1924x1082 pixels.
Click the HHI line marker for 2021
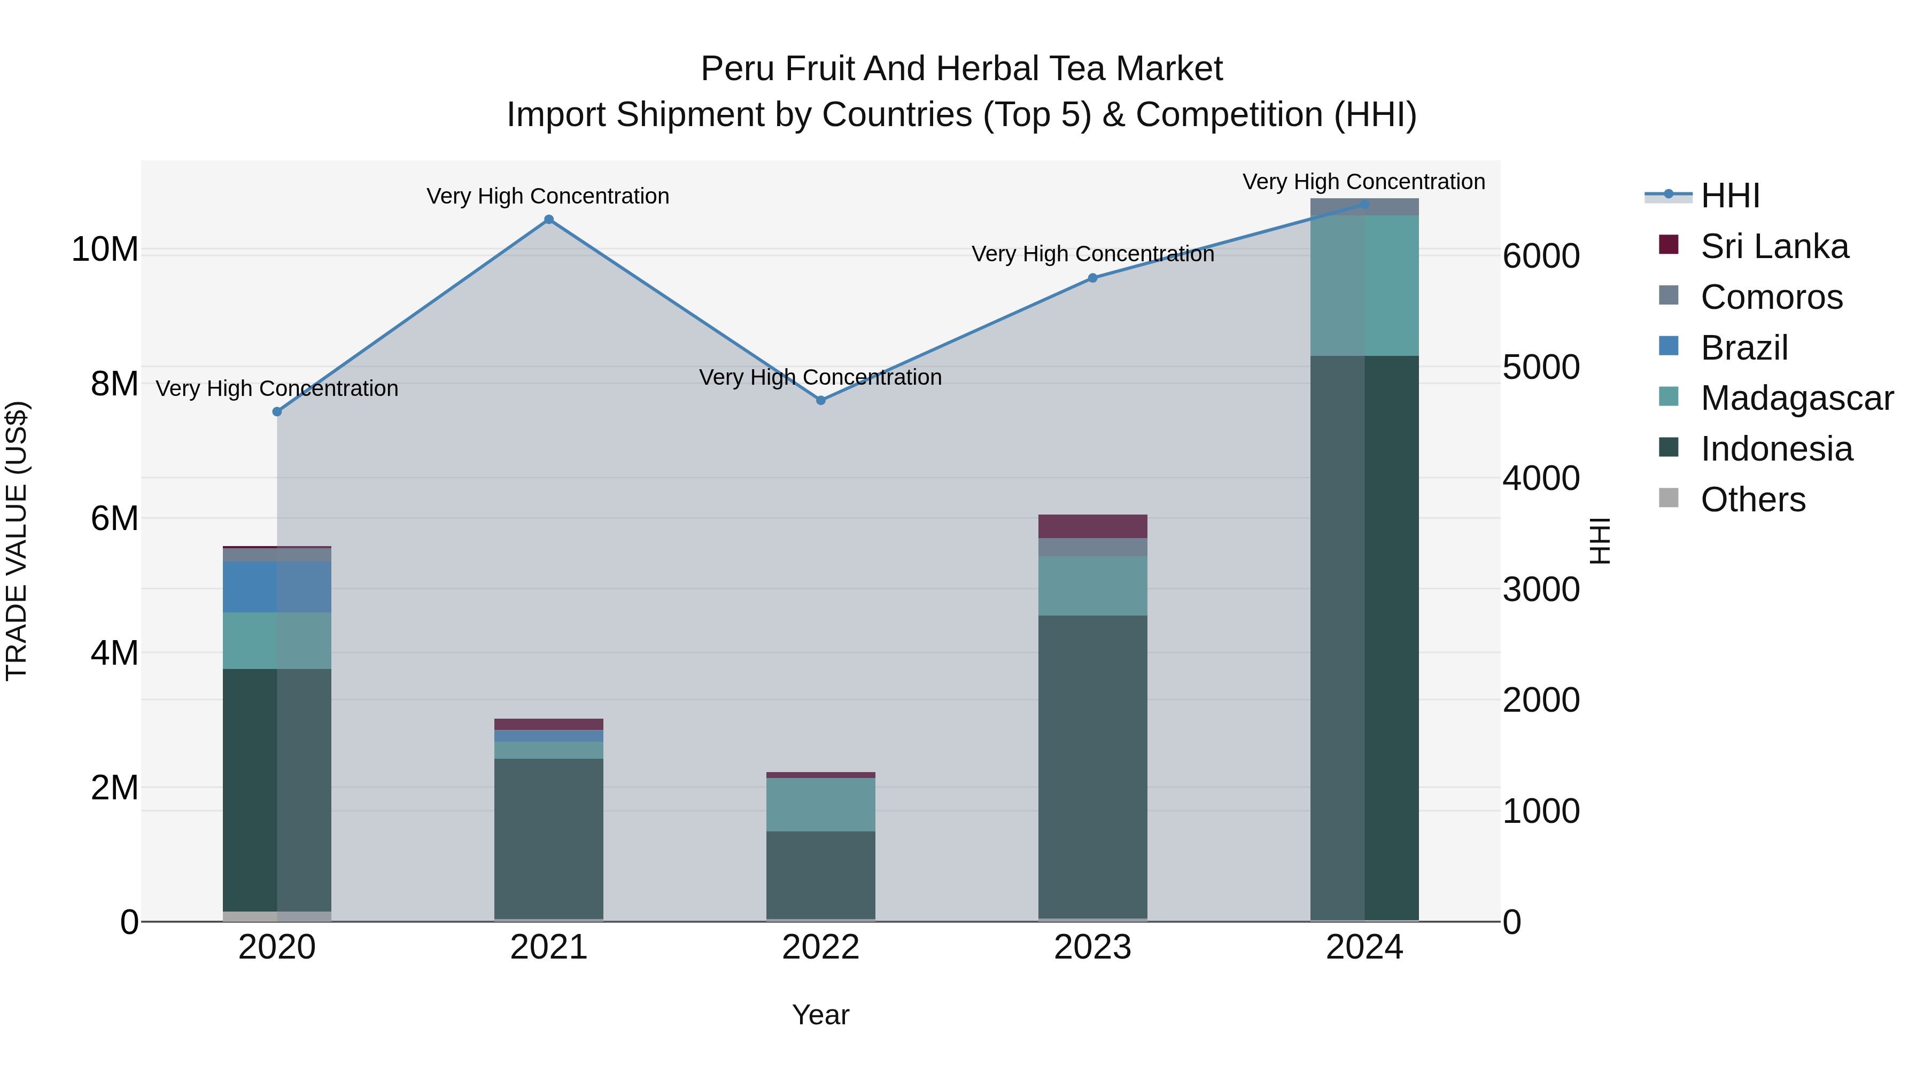click(549, 220)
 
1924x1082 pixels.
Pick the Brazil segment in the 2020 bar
click(277, 587)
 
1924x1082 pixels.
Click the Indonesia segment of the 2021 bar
click(549, 838)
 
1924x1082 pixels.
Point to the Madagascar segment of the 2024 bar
click(1364, 285)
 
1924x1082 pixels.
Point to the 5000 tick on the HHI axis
click(1541, 368)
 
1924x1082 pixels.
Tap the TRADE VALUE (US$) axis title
click(17, 541)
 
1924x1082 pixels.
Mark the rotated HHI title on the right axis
click(1599, 541)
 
